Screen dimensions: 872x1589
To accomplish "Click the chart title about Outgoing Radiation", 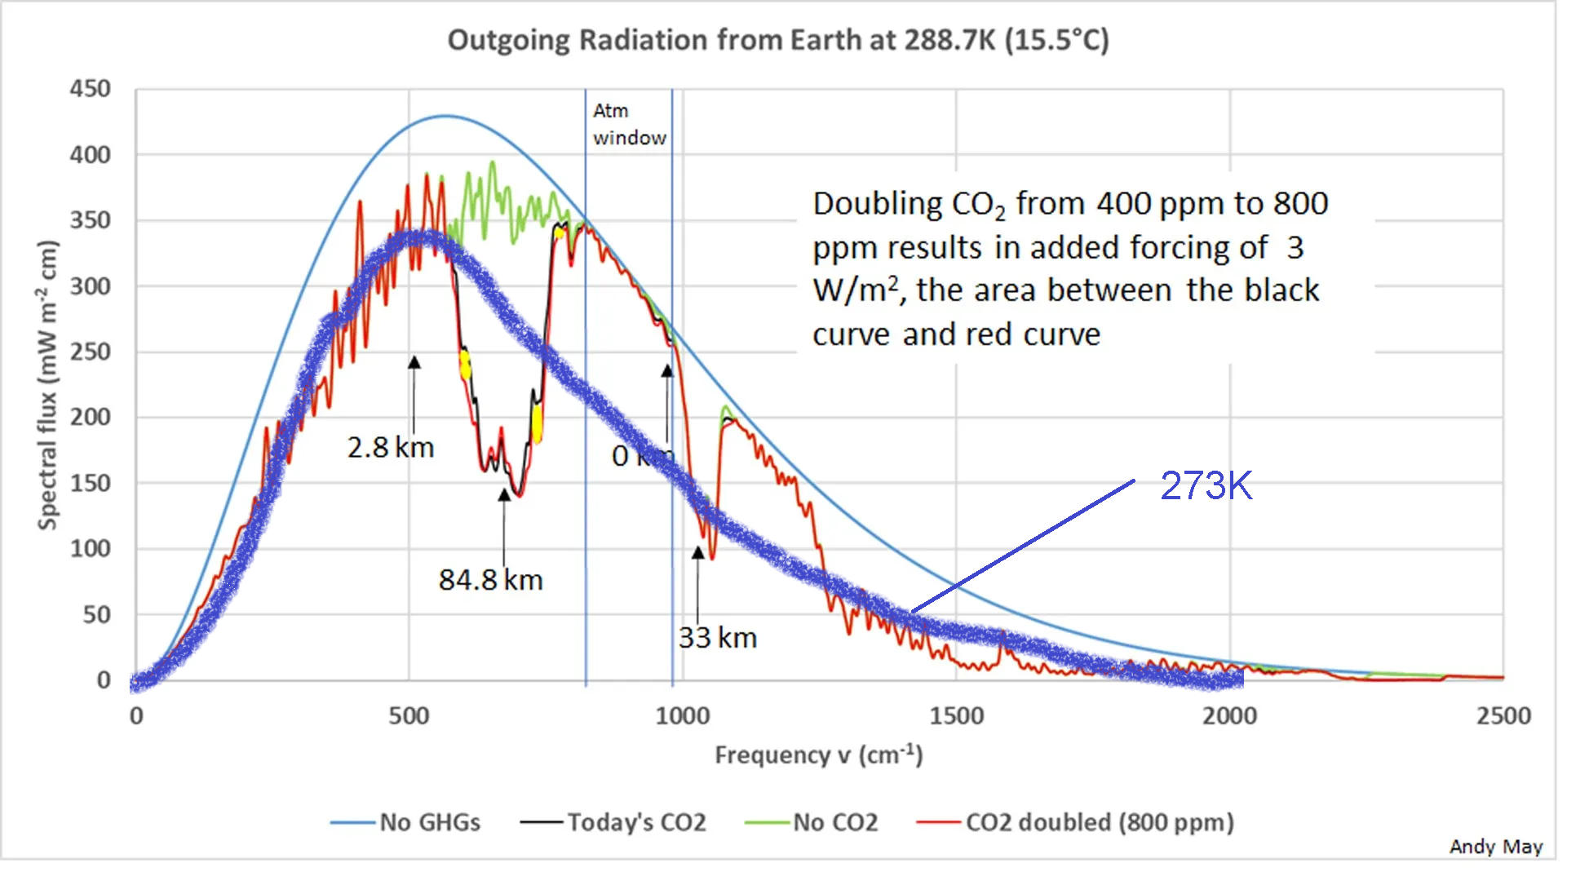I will point(778,41).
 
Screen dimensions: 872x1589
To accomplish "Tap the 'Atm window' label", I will point(628,124).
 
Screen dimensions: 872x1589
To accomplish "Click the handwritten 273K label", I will point(1206,486).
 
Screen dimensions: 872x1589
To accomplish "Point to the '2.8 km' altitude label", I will point(391,448).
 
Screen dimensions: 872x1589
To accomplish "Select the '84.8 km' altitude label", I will point(490,580).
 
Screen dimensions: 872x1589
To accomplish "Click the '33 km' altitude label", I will point(718,638).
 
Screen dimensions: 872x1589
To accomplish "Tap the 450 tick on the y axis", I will point(90,89).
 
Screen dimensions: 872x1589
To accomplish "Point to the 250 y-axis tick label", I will point(90,352).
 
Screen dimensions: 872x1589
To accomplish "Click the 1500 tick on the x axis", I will point(956,716).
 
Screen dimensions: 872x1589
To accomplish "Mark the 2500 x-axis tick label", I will point(1503,716).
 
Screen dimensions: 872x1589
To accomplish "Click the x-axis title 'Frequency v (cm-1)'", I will point(818,755).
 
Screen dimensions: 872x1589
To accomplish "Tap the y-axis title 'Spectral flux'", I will point(48,385).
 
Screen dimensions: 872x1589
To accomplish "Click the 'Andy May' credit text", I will point(1495,848).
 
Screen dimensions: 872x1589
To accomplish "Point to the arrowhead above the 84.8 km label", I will point(504,494).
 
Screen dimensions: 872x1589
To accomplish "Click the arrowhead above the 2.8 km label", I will point(414,362).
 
